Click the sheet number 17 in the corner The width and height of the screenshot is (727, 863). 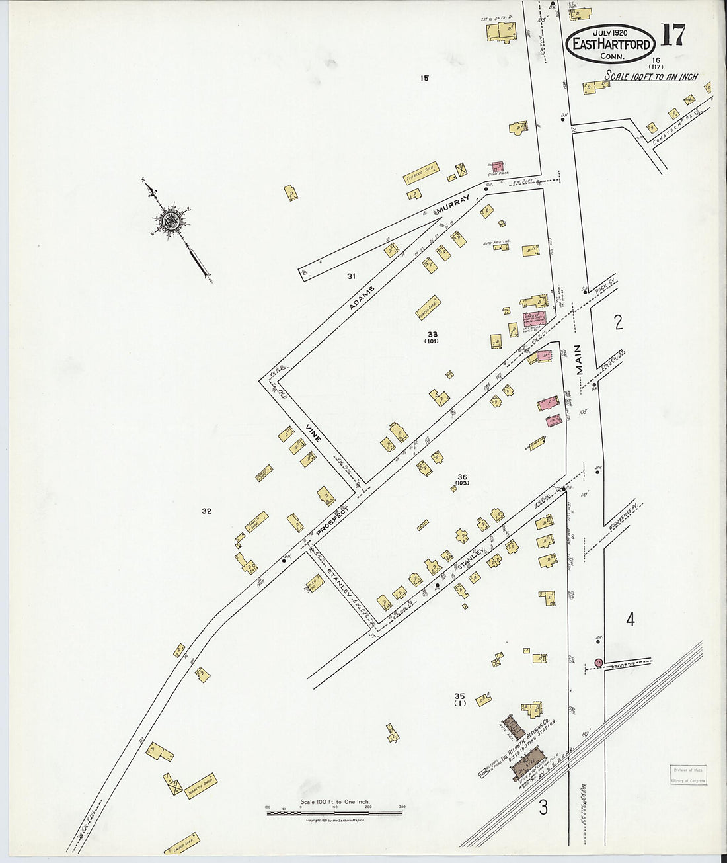tap(672, 35)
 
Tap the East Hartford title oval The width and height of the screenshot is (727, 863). tap(611, 44)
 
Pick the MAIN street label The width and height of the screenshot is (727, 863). tap(580, 360)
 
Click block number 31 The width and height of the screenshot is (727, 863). tap(352, 276)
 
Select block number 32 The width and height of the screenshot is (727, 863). tap(207, 511)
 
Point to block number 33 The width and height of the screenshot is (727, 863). tap(432, 334)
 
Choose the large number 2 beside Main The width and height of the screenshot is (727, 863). tap(619, 323)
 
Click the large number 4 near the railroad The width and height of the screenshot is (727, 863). tap(631, 620)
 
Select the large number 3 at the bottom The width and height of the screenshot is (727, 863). tap(543, 807)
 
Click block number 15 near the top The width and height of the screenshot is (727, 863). tap(424, 78)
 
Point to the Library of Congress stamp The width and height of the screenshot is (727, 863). tap(685, 775)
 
